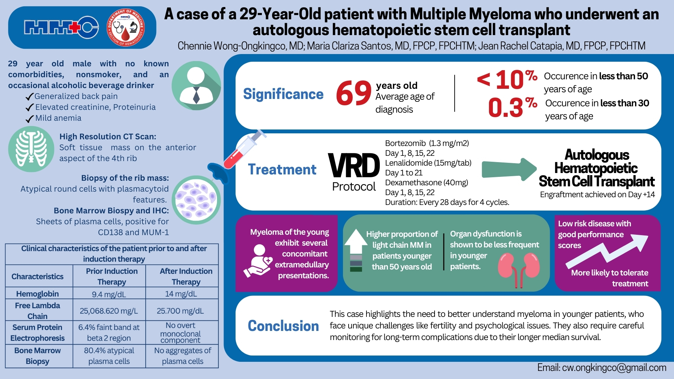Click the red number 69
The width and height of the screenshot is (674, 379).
[x=353, y=93]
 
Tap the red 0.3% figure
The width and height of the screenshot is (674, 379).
[x=513, y=107]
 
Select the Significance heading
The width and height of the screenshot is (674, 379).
[x=283, y=94]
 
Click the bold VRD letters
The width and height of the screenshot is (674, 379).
[x=354, y=166]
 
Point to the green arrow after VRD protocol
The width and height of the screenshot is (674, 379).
[x=509, y=169]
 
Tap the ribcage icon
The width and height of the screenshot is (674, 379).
[x=31, y=149]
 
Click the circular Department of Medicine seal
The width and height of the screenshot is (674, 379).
[x=126, y=27]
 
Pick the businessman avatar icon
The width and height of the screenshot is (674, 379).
[x=196, y=86]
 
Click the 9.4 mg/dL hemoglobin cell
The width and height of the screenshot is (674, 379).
[x=109, y=294]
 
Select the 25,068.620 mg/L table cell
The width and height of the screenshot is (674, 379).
[x=109, y=311]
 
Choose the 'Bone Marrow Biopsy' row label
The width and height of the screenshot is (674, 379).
[x=38, y=356]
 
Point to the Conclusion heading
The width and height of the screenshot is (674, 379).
[x=283, y=326]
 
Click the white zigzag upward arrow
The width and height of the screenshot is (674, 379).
[x=607, y=251]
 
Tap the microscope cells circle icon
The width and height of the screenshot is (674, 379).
[x=196, y=200]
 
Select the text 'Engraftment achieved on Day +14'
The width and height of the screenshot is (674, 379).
[x=597, y=194]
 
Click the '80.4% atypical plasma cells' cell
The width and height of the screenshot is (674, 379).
[x=109, y=356]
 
